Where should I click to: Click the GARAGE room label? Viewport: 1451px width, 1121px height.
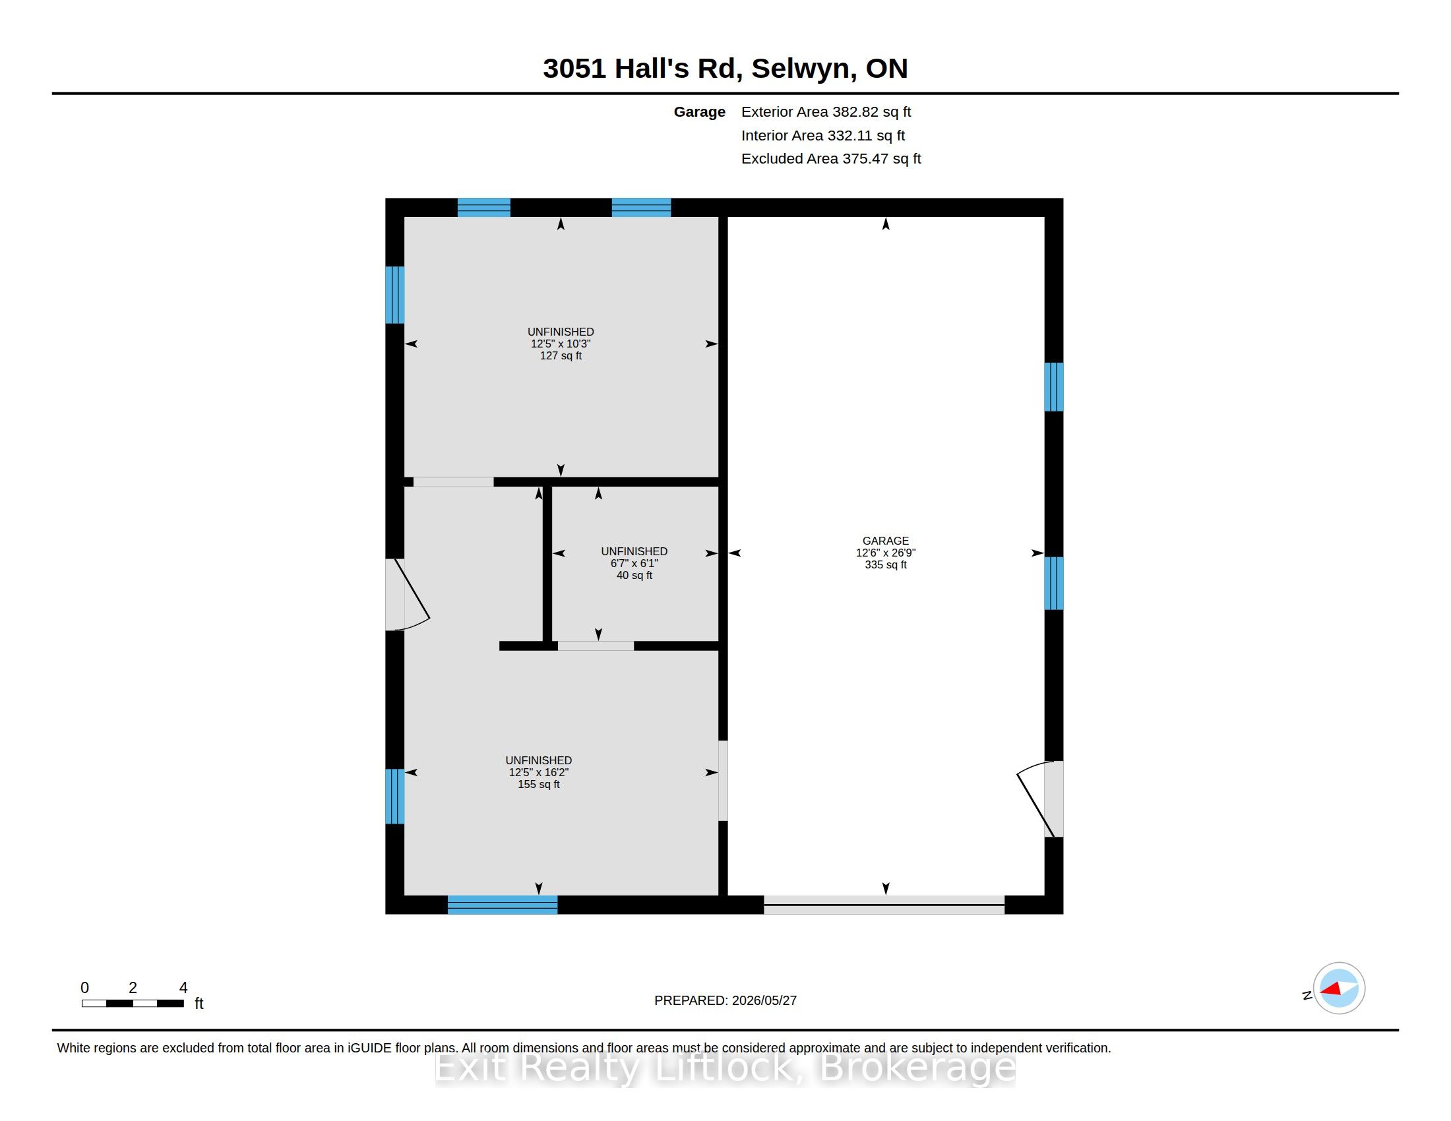click(x=885, y=541)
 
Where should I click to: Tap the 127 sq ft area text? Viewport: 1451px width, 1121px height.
click(x=561, y=355)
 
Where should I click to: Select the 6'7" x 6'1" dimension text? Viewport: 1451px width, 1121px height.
click(x=634, y=563)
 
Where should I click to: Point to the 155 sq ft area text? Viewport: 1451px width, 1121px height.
click(x=538, y=784)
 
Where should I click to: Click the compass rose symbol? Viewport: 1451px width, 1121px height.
click(x=1339, y=988)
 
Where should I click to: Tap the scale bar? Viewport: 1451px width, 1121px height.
click(x=133, y=1003)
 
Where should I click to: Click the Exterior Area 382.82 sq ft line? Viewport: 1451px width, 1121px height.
click(x=826, y=111)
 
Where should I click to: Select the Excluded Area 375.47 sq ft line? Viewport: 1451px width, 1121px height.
click(x=831, y=159)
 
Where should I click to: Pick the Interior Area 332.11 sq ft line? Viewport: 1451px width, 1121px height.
click(x=823, y=135)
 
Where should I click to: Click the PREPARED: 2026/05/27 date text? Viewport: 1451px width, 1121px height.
click(x=725, y=1000)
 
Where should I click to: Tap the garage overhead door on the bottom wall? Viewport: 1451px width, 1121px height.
click(x=884, y=905)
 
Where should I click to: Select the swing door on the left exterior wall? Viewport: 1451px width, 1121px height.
click(x=407, y=594)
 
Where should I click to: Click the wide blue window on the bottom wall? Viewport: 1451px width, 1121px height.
click(x=503, y=905)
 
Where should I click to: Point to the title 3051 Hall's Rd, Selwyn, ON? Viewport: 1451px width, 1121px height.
click(x=725, y=69)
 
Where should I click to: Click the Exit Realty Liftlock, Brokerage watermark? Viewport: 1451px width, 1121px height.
click(x=725, y=1068)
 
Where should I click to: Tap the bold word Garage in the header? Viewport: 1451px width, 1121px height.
click(x=700, y=112)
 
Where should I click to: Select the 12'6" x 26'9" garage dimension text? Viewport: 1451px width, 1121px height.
click(x=886, y=553)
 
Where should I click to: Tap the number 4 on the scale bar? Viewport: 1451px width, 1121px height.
click(x=183, y=988)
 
